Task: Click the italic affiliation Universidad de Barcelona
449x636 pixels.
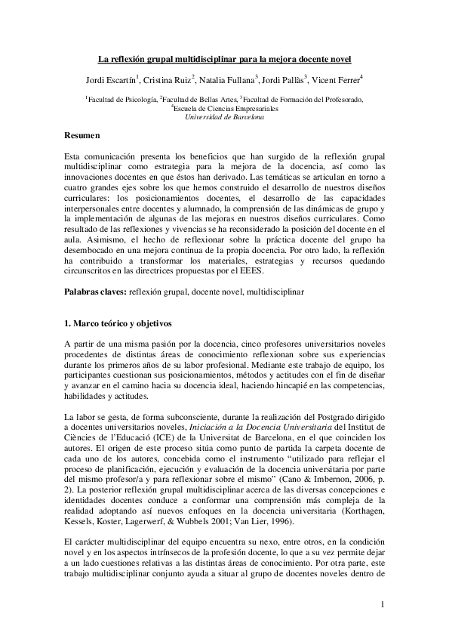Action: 225,117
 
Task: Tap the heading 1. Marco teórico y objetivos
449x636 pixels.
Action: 118,324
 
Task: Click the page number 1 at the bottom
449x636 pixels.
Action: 383,604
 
